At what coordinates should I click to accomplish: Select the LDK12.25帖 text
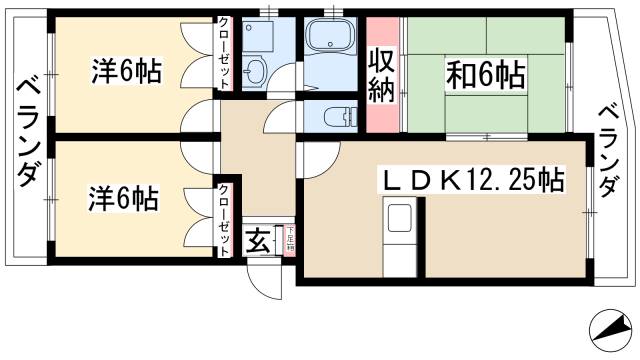click(470, 181)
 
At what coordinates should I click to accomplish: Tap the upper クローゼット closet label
click(225, 56)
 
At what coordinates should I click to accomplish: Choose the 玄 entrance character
click(257, 242)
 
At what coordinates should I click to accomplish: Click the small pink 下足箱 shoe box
click(288, 240)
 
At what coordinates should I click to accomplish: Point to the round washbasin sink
click(255, 71)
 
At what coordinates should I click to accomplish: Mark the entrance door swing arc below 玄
click(262, 281)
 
